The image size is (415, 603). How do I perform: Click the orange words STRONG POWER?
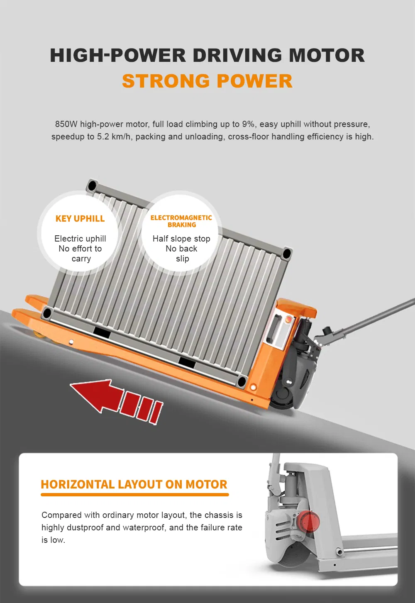(207, 81)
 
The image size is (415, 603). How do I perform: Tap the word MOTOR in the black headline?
(327, 56)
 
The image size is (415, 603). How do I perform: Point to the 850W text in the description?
(66, 124)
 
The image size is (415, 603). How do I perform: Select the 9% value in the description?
(248, 124)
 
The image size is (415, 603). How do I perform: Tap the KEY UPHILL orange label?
(80, 219)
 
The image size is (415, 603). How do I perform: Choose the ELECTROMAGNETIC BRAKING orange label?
(181, 221)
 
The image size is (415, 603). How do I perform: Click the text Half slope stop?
(181, 239)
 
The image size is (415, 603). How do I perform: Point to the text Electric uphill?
(80, 239)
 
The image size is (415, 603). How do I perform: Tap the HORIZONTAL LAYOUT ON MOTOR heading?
(134, 484)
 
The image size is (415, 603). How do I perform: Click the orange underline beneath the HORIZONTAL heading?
(134, 495)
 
